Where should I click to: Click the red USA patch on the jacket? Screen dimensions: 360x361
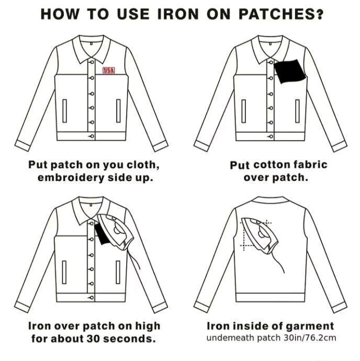coord(108,71)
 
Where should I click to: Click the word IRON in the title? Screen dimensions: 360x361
coord(178,14)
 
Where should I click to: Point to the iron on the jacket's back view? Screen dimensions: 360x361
coord(260,235)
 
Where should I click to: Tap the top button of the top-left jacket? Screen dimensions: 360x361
coord(92,62)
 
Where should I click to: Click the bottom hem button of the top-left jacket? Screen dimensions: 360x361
coord(92,137)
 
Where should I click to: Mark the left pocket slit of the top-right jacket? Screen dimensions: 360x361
coord(243,111)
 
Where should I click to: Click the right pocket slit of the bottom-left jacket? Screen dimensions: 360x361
coord(118,272)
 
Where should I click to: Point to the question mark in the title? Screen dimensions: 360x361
coord(320,14)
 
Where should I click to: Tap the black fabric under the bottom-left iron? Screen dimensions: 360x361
coord(102,234)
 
